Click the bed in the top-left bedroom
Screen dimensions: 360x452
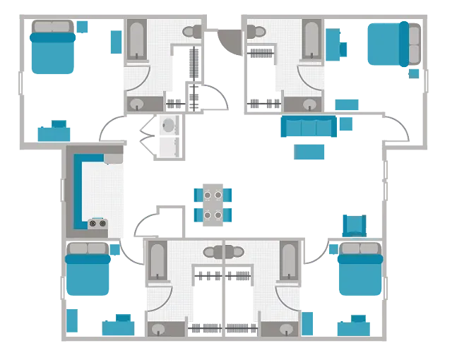click(52, 47)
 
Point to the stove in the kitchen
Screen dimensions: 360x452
click(97, 224)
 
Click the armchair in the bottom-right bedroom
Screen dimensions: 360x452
click(354, 224)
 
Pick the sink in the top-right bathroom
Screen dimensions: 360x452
click(309, 104)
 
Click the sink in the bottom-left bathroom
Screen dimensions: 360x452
click(159, 328)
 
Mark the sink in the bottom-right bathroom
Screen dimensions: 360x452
click(287, 328)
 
